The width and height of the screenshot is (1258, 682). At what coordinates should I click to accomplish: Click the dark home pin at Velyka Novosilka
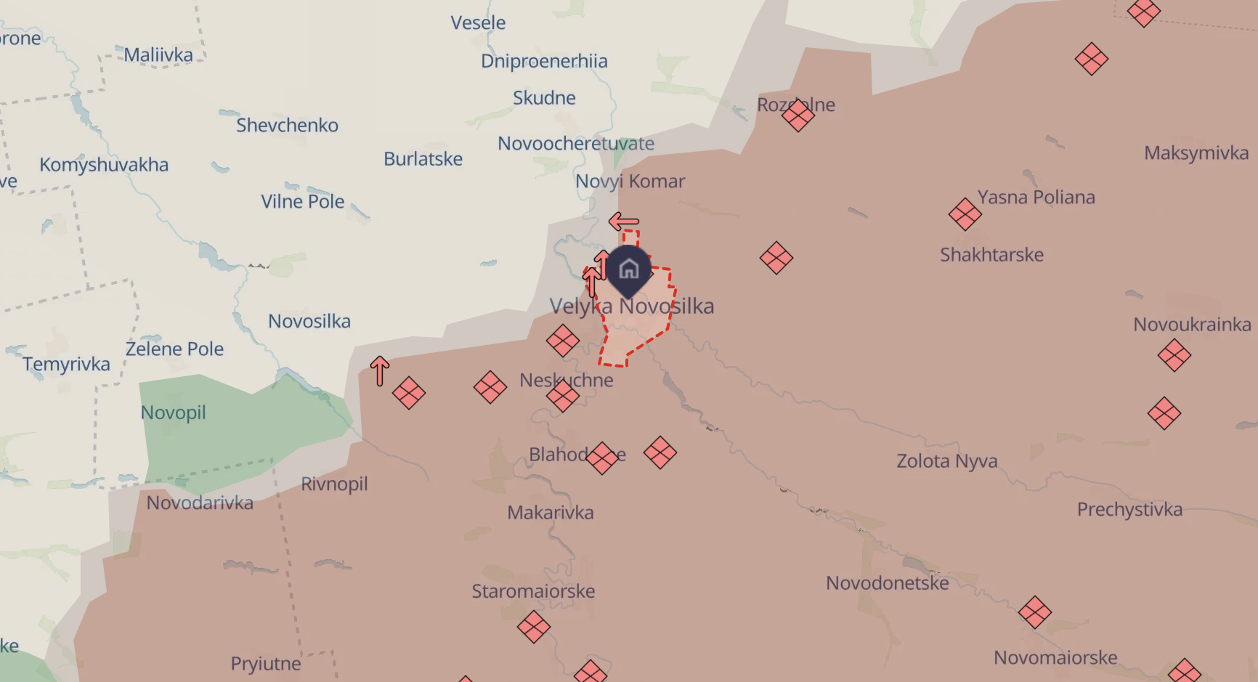click(x=628, y=269)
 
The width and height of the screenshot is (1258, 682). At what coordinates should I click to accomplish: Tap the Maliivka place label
click(x=158, y=55)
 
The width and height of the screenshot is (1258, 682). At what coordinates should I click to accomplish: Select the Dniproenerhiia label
click(x=544, y=61)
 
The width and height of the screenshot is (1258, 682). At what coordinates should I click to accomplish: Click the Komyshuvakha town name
click(x=104, y=165)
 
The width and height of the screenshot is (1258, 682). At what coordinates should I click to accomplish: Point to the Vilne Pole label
click(x=303, y=201)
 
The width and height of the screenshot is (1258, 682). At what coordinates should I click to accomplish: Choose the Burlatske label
click(x=423, y=159)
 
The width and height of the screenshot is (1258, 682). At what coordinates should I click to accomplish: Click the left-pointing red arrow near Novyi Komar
click(x=623, y=221)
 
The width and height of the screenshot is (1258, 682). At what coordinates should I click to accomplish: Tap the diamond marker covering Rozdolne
click(x=798, y=115)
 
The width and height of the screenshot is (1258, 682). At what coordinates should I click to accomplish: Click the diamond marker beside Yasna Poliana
click(x=965, y=214)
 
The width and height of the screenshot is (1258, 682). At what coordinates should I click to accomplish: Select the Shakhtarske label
click(x=991, y=255)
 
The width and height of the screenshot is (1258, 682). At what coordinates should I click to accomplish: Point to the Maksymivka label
click(x=1196, y=153)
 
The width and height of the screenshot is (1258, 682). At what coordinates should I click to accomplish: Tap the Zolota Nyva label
click(x=946, y=461)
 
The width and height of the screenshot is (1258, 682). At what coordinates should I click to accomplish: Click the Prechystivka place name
click(x=1129, y=509)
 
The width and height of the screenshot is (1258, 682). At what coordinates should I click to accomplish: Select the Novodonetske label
click(x=887, y=583)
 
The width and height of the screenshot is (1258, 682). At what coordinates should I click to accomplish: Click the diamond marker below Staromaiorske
click(x=533, y=627)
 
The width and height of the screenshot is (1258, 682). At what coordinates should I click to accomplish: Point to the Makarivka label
click(x=550, y=513)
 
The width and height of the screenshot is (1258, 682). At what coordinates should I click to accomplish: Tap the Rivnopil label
click(x=334, y=484)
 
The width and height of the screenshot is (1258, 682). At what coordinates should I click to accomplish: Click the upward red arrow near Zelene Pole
click(x=379, y=370)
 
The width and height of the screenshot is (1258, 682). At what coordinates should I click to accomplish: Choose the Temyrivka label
click(x=66, y=364)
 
